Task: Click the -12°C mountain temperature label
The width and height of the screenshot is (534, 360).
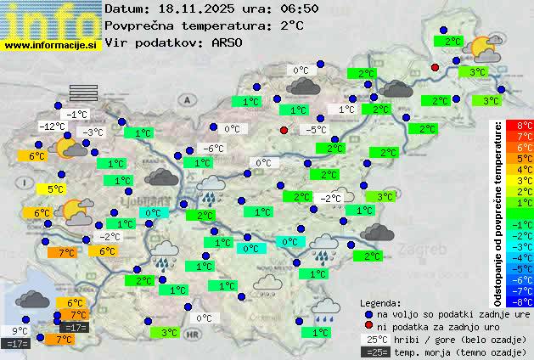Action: click(52, 127)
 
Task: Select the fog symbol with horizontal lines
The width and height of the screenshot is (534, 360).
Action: click(84, 92)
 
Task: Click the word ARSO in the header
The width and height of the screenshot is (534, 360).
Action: click(228, 42)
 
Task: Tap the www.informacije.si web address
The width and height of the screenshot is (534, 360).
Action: click(51, 45)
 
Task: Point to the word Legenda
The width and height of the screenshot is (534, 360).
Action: click(380, 302)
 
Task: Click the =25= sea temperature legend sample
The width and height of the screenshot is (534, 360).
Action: click(376, 351)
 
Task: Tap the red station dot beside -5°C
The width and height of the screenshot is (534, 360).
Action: click(284, 130)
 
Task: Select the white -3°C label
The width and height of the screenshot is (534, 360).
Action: click(92, 132)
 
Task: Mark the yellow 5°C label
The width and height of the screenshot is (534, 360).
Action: click(55, 189)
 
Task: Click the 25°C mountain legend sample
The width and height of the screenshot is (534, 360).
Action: click(376, 339)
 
